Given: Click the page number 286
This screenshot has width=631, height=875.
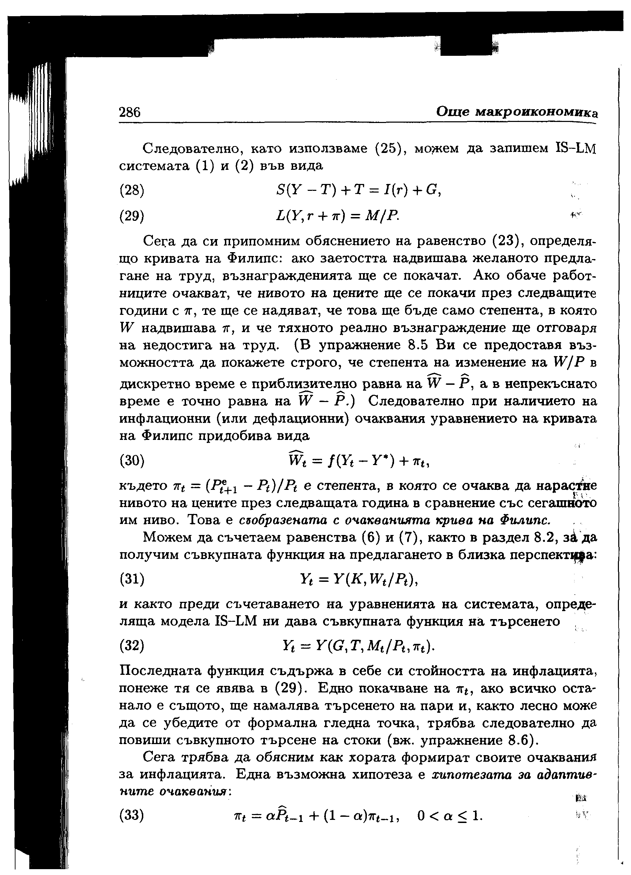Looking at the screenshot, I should click(130, 112).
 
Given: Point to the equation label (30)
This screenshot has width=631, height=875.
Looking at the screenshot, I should click(132, 461).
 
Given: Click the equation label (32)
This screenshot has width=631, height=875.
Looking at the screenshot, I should click(132, 645).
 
